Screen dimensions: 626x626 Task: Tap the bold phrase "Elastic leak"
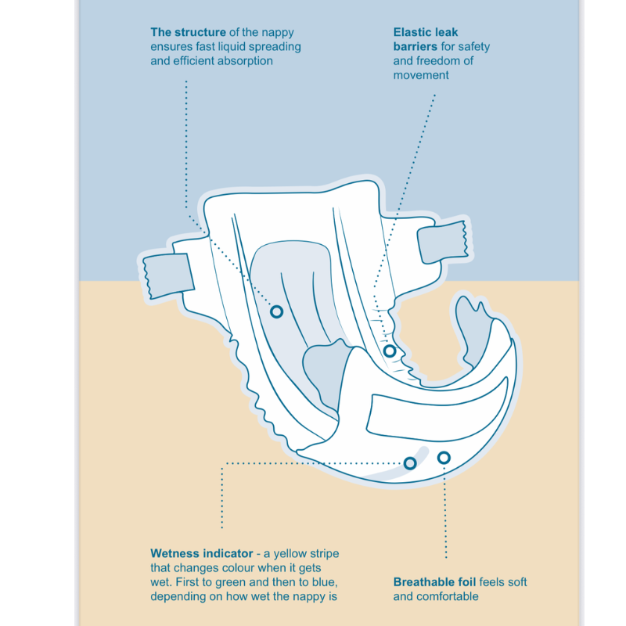tap(427, 32)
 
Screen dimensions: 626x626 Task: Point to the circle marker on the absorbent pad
tap(276, 311)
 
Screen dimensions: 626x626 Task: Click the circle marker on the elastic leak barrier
tap(390, 351)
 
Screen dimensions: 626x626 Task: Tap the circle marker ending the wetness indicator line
tap(410, 462)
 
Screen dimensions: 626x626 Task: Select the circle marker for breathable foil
tap(444, 457)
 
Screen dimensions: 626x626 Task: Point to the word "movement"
tap(421, 76)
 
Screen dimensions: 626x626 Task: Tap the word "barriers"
tap(415, 47)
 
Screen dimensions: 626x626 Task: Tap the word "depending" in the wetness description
tap(178, 597)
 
